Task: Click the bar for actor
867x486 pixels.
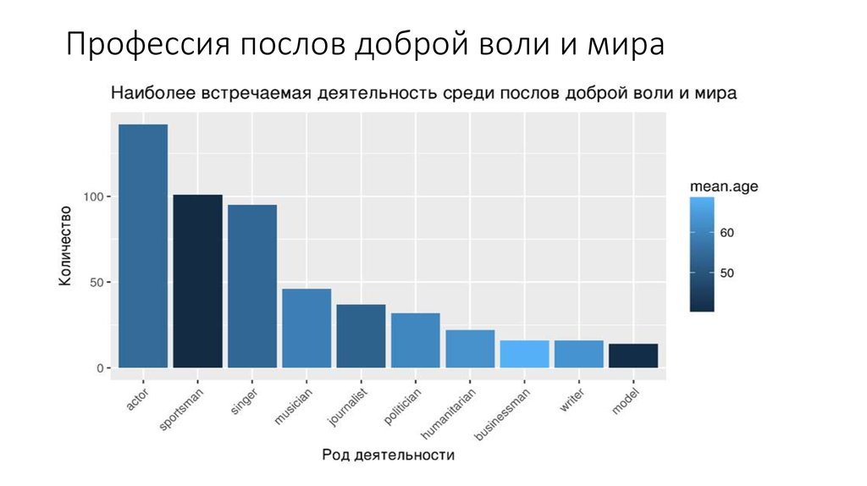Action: (143, 246)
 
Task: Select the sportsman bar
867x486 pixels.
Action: (197, 281)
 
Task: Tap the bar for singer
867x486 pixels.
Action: (252, 286)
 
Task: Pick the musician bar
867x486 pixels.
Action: (306, 328)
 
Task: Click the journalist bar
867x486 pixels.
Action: (361, 335)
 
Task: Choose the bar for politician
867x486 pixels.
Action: (415, 340)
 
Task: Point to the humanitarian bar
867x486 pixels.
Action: (470, 349)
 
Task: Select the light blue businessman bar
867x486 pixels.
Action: (524, 354)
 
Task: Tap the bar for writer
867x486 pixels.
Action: (578, 354)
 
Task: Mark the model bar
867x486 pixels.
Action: (633, 356)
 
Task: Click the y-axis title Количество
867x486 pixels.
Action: (65, 246)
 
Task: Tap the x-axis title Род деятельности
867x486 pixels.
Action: (388, 455)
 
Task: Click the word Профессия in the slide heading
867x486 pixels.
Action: (144, 44)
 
